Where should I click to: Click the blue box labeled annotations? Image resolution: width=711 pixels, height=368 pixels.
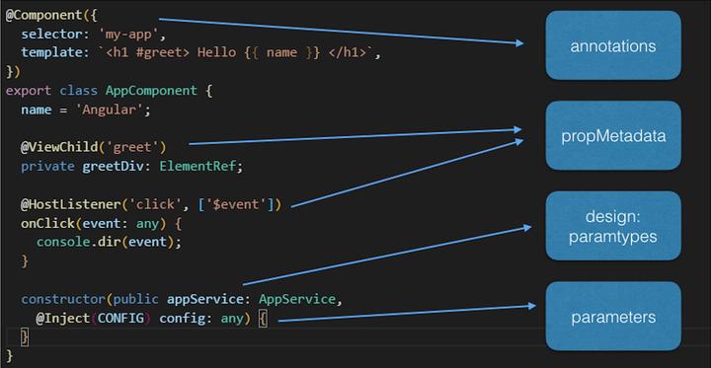613,45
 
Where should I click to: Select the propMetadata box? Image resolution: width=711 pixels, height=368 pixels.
613,134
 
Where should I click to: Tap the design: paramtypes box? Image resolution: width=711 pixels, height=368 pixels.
613,225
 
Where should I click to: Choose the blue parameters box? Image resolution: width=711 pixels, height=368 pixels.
613,317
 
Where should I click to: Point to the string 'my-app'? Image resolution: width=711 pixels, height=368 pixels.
125,37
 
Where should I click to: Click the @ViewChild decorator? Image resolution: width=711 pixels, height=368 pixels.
58,147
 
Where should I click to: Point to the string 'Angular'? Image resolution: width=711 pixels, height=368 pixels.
115,109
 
